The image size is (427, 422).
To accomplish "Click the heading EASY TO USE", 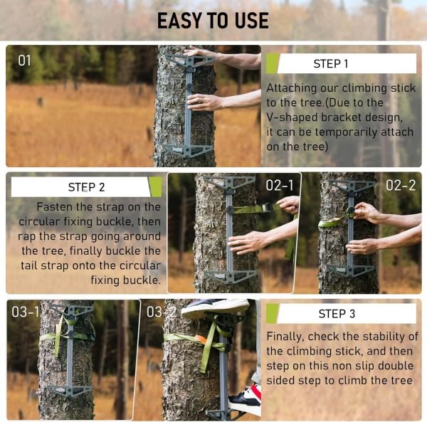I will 213,20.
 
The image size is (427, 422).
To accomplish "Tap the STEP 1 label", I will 331,64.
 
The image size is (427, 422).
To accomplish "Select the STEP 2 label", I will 86,187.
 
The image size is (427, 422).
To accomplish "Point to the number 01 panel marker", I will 25,61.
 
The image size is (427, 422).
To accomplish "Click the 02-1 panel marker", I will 280,185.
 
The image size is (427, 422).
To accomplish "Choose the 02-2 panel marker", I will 401,185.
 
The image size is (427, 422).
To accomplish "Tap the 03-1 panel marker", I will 26,312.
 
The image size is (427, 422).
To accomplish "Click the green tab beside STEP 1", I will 272,63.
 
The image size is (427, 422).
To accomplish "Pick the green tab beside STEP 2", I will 155,187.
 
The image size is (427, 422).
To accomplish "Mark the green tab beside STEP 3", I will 272,314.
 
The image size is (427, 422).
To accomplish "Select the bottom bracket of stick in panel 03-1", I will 70,391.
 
